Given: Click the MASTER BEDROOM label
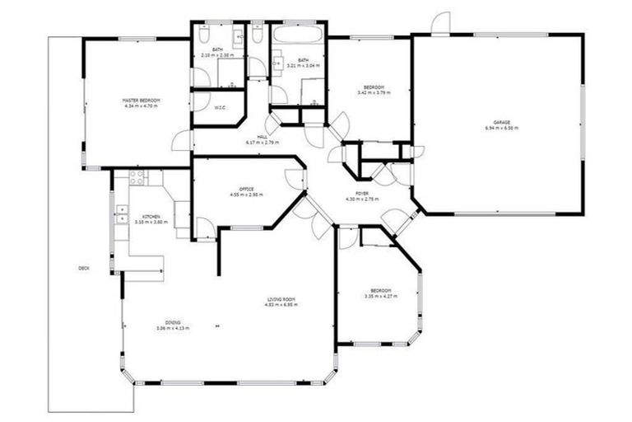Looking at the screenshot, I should [x=141, y=101].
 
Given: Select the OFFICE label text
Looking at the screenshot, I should [x=247, y=189].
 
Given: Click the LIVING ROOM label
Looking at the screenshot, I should [x=280, y=299].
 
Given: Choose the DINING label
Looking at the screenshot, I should [x=172, y=322].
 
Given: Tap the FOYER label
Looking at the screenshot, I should [x=361, y=193].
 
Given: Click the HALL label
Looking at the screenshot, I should [x=263, y=137].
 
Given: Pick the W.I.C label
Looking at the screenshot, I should [x=220, y=107].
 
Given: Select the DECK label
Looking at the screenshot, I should [x=83, y=268].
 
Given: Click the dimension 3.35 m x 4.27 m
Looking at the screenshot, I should [x=380, y=297].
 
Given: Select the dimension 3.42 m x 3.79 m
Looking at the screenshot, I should [x=374, y=93].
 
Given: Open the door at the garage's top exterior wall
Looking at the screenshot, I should [x=443, y=23].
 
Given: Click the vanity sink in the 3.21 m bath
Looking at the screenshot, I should [x=278, y=58].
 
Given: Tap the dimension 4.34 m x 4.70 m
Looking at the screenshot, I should [x=141, y=105].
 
